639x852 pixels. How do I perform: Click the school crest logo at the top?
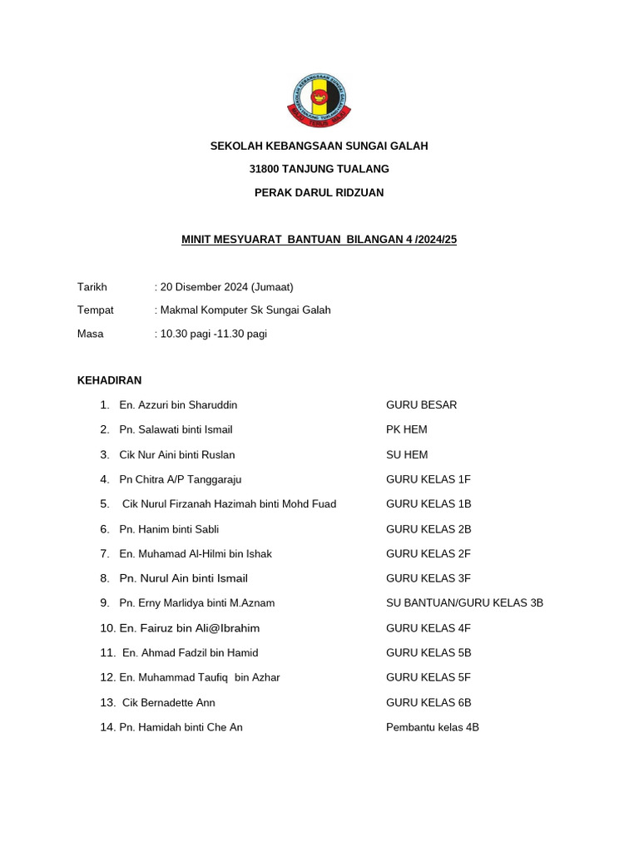[x=319, y=98]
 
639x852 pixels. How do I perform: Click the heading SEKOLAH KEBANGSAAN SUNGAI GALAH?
[x=319, y=146]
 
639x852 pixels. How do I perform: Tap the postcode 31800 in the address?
[x=265, y=169]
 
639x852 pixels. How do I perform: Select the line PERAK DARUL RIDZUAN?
[x=319, y=192]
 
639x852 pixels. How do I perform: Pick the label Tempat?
[x=96, y=310]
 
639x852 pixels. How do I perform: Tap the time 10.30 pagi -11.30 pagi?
[x=214, y=334]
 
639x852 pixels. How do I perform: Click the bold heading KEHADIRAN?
[x=109, y=380]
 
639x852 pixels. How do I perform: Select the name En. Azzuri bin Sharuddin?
[x=178, y=405]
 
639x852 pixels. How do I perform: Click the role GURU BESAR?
[x=421, y=405]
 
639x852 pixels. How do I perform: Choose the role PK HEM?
[x=407, y=429]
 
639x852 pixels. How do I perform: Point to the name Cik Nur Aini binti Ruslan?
[x=177, y=454]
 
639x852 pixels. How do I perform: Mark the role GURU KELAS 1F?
[x=428, y=479]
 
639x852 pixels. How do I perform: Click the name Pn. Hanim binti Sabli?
[x=169, y=529]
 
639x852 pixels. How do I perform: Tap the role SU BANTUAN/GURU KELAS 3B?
[x=464, y=603]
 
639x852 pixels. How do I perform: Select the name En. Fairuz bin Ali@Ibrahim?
[x=190, y=628]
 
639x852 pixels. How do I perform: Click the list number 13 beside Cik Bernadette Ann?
[x=106, y=702]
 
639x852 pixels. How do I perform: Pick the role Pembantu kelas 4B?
[x=432, y=727]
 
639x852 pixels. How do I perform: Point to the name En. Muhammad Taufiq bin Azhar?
[x=200, y=677]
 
